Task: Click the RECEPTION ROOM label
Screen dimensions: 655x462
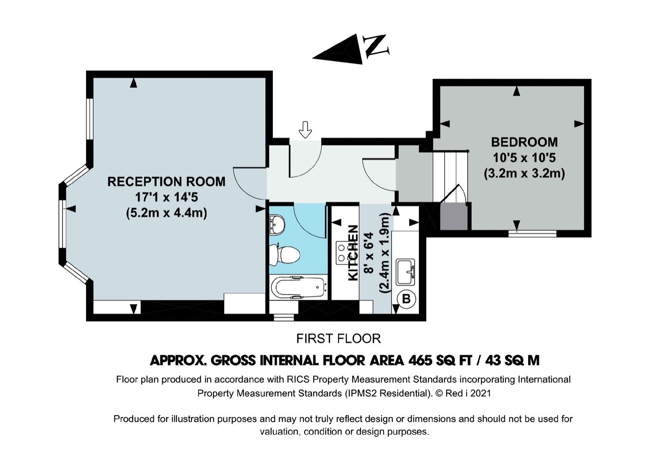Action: [166, 182]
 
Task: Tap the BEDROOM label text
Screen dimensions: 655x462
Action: [524, 142]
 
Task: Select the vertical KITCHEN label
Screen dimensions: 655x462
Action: [353, 253]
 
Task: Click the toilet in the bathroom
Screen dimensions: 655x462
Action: [284, 255]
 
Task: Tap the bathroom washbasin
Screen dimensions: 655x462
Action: [277, 225]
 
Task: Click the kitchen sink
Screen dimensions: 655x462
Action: [405, 272]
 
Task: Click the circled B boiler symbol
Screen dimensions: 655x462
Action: [406, 299]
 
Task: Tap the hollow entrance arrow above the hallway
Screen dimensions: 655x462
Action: [305, 130]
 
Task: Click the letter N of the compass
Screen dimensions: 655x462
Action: [376, 45]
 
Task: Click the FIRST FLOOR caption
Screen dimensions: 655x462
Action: [338, 338]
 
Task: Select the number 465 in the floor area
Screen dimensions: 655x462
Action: [420, 360]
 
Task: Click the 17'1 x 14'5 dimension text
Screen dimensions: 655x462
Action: [166, 197]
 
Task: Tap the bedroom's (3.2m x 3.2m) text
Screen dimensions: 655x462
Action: [524, 174]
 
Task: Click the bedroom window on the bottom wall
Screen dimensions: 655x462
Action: [532, 233]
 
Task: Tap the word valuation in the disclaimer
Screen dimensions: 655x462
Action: [279, 431]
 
